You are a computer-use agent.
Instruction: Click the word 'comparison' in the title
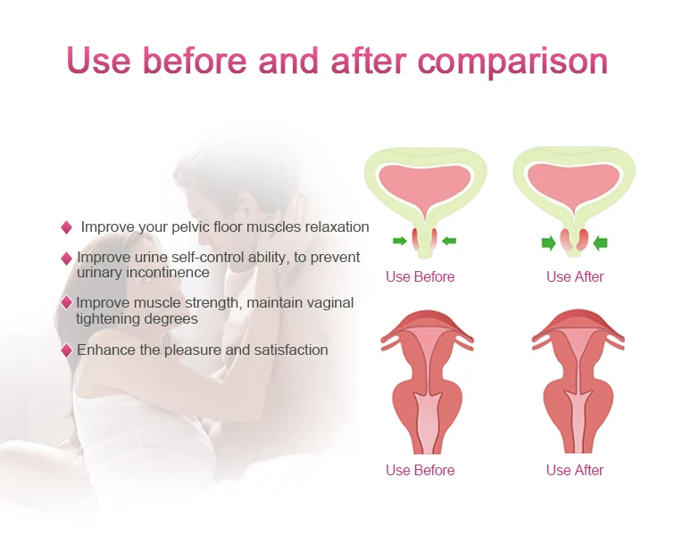[x=512, y=62]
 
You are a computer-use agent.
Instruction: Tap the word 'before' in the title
[x=195, y=60]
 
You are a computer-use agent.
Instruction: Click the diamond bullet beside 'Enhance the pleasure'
[x=66, y=350]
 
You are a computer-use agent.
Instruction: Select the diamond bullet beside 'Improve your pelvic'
[x=66, y=227]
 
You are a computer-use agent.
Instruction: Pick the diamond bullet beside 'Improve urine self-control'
[x=66, y=259]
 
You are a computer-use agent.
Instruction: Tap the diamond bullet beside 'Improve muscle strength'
[x=66, y=302]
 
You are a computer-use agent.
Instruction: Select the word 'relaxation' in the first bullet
[x=337, y=226]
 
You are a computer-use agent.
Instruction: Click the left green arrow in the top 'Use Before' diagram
[x=400, y=241]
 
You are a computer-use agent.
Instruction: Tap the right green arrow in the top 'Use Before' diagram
[x=449, y=241]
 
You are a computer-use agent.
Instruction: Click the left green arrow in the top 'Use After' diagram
[x=549, y=243]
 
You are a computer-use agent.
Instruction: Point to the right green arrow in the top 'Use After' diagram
[x=600, y=243]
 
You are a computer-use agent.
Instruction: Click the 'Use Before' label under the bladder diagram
[x=420, y=277]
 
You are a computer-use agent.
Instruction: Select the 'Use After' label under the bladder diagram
[x=575, y=277]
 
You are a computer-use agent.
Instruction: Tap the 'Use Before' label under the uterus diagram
[x=420, y=470]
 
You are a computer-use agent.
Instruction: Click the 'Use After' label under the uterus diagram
[x=575, y=470]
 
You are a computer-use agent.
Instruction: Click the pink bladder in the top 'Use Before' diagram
[x=425, y=185]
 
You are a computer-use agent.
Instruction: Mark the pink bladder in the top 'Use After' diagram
[x=574, y=183]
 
